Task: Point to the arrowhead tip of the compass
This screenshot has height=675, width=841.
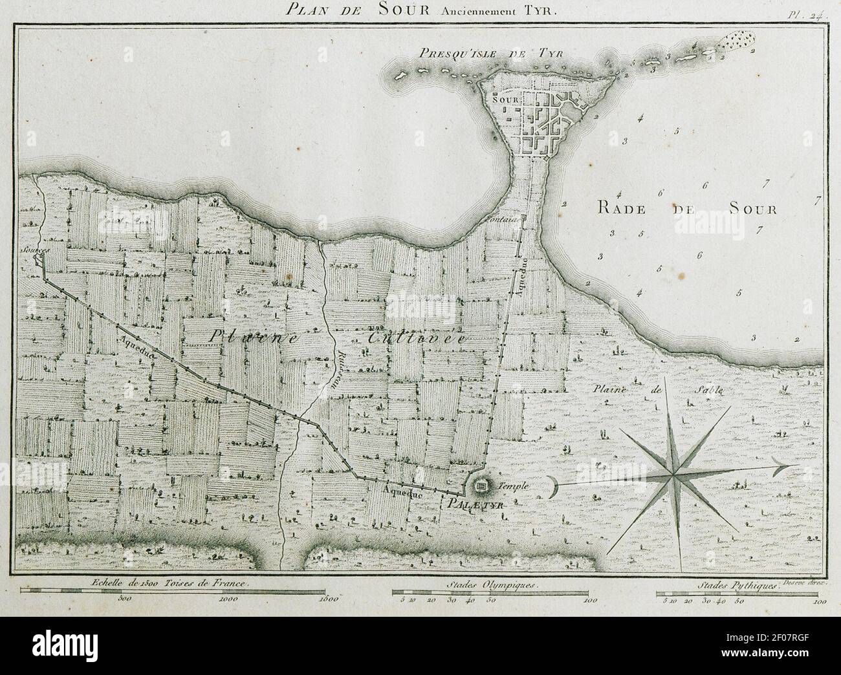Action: pos(794,465)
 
